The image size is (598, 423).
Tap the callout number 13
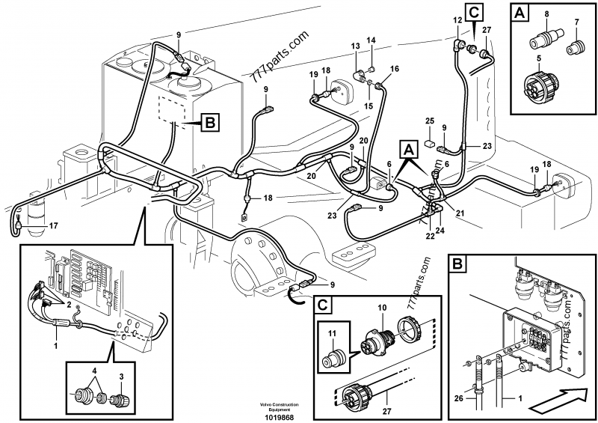pyautogui.click(x=356, y=47)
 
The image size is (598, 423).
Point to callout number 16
pyautogui.click(x=395, y=69)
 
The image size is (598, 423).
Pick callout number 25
pyautogui.click(x=429, y=121)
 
